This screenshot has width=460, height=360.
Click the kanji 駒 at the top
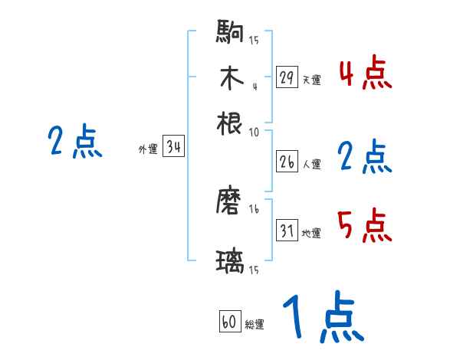[x=230, y=34]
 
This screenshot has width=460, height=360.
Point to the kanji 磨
[x=230, y=202]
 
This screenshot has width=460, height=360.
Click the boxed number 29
[x=287, y=78]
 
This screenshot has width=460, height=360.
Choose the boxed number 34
[x=173, y=147]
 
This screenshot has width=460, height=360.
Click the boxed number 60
[x=229, y=322]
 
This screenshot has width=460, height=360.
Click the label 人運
[x=311, y=163]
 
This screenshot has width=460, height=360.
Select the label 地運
[x=311, y=233]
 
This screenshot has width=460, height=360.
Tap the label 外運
[x=147, y=149]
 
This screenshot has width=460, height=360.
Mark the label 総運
[x=255, y=325]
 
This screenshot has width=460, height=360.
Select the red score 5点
[x=365, y=225]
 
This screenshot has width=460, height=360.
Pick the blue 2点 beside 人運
[x=365, y=157]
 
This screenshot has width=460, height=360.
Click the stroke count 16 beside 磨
[x=255, y=208]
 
